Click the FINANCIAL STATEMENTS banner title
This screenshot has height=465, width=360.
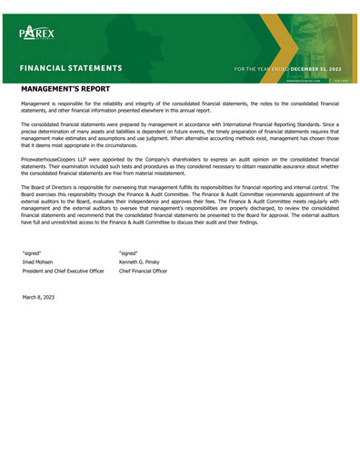72,68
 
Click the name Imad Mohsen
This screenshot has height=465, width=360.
38,262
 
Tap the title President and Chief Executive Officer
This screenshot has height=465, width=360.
63,272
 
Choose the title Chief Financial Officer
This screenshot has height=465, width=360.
143,272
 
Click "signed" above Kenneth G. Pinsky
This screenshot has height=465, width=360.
128,252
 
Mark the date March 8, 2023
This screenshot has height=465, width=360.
38,297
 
